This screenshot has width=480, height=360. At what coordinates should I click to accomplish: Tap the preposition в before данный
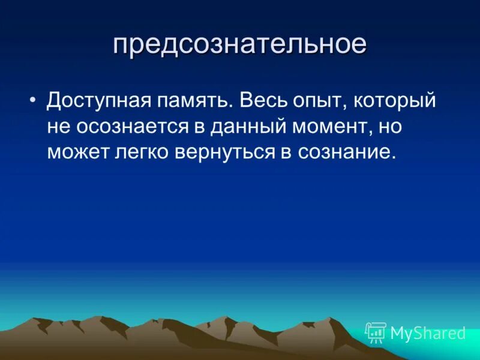coord(200,126)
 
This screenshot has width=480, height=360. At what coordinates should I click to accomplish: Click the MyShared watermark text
coord(428,333)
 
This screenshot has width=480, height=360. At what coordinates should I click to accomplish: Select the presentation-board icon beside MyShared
coord(376,332)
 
